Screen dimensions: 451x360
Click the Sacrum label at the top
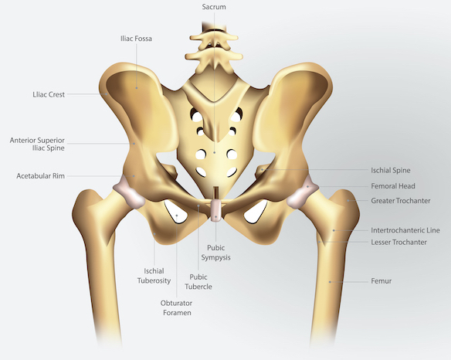coord(214,7)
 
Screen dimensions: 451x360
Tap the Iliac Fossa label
coord(136,39)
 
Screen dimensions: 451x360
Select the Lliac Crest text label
coord(49,94)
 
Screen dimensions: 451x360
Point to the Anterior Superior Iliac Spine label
coord(37,144)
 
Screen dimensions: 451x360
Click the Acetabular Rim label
coord(41,176)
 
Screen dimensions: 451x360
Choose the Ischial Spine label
coord(391,171)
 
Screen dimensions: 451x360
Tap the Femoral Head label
coord(393,186)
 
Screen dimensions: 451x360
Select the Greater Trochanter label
coord(401,201)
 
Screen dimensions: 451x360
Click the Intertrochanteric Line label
coord(405,230)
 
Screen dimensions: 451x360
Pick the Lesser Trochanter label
coord(398,243)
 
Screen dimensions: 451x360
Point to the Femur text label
coord(381,281)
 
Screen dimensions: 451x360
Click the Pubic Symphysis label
coord(215,253)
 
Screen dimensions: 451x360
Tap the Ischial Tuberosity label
coord(154,276)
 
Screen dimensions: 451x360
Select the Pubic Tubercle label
coord(198,282)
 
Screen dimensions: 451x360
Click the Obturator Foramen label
coord(177,307)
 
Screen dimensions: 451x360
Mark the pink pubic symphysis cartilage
coord(216,211)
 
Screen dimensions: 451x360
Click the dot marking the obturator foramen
coord(177,216)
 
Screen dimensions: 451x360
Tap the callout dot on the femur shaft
coord(330,282)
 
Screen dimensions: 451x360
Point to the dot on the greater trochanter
coord(348,201)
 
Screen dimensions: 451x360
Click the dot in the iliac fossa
coord(137,88)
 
